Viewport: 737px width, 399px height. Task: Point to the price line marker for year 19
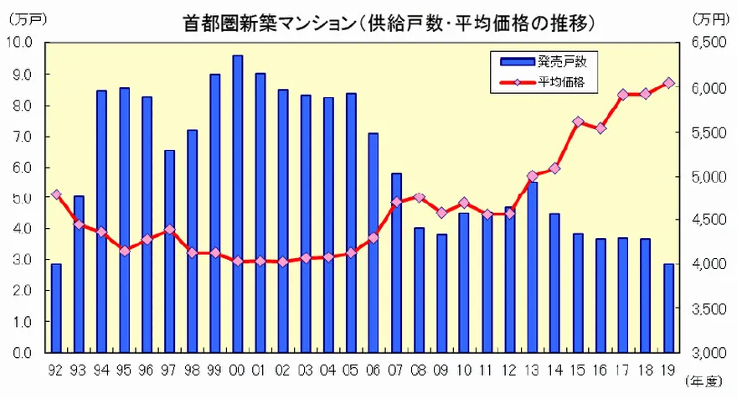tap(669, 83)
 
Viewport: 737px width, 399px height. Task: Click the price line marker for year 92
tap(56, 194)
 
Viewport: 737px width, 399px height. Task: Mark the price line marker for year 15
tap(579, 122)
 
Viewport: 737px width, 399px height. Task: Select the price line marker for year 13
tap(533, 176)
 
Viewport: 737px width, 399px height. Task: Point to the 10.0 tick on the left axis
tap(19, 43)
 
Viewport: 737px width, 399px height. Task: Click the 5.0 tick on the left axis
tap(19, 198)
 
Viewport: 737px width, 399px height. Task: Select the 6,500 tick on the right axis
tap(709, 43)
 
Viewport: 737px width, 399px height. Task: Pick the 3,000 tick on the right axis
tap(709, 353)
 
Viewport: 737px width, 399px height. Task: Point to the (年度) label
tap(703, 383)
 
